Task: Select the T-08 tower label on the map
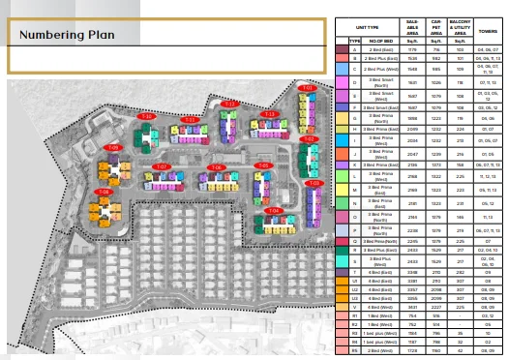tap(103, 192)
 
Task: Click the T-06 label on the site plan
tap(216, 167)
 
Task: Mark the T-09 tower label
tap(113, 148)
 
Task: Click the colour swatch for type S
tap(342, 261)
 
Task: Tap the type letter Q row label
tap(355, 239)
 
